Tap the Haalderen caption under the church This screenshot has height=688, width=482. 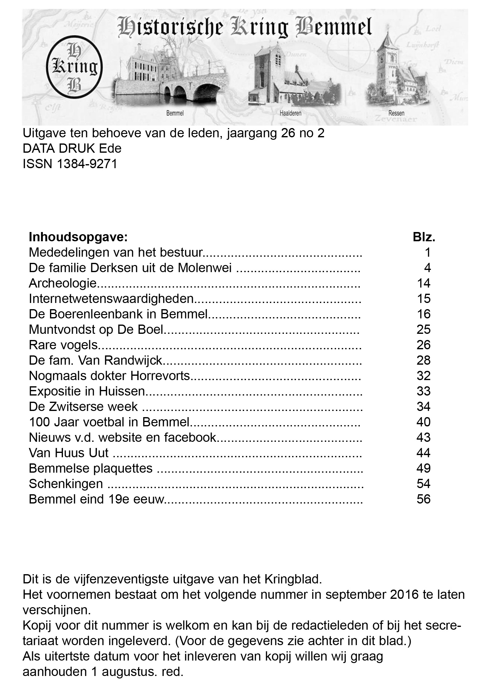coord(290,113)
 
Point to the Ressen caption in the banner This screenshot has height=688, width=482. coord(396,113)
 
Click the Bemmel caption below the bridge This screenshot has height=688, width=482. coord(175,113)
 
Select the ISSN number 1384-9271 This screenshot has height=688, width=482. coord(87,164)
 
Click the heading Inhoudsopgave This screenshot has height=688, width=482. coord(78,237)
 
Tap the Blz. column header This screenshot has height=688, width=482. coord(424,237)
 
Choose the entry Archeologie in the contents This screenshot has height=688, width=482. coord(63,283)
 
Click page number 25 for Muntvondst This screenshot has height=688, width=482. coord(423,329)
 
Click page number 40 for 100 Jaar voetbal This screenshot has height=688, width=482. coord(423,422)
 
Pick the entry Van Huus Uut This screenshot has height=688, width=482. coord(69,453)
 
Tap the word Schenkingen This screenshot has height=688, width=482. coord(66,484)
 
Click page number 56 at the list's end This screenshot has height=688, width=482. coord(423,499)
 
